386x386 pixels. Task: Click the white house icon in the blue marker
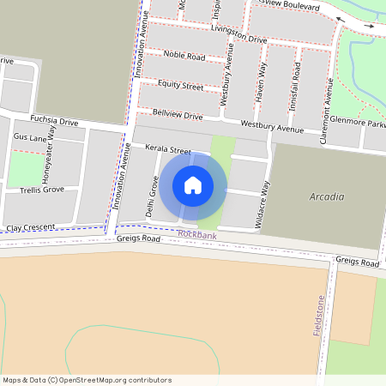(x=193, y=184)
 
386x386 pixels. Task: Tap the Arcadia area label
(x=326, y=197)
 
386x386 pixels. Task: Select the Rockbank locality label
(x=197, y=235)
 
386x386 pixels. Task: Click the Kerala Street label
(x=167, y=149)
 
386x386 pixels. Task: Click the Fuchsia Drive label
(x=53, y=121)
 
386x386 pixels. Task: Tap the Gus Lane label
(x=31, y=137)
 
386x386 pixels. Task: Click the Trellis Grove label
(x=41, y=189)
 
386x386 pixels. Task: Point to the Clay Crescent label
(x=30, y=228)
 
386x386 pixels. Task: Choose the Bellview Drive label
(x=177, y=114)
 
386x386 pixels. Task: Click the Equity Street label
(x=180, y=86)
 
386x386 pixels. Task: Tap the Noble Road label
(x=184, y=57)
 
